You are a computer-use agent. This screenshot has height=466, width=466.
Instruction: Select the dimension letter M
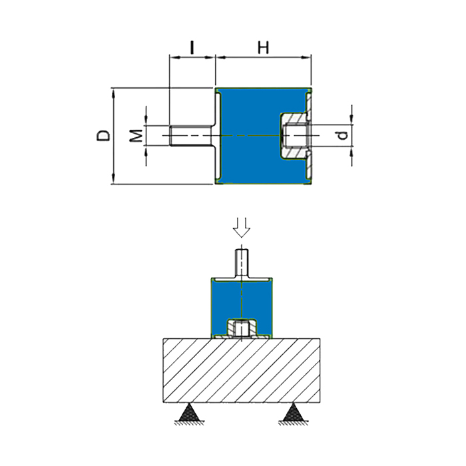pyautogui.click(x=135, y=135)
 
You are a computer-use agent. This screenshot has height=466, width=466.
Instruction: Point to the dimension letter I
pyautogui.click(x=192, y=47)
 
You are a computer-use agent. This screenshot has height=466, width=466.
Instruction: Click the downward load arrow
pyautogui.click(x=242, y=227)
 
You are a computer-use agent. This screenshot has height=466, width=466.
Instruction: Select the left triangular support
pyautogui.click(x=189, y=415)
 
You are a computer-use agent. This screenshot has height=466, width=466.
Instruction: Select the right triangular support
pyautogui.click(x=294, y=415)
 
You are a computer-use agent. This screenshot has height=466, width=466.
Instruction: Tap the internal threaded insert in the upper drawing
pyautogui.click(x=293, y=136)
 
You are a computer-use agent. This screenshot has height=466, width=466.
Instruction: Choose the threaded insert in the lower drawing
pyautogui.click(x=242, y=328)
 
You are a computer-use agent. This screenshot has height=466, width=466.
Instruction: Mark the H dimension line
pyautogui.click(x=264, y=59)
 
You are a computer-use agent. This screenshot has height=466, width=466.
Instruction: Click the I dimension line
pyautogui.click(x=193, y=59)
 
